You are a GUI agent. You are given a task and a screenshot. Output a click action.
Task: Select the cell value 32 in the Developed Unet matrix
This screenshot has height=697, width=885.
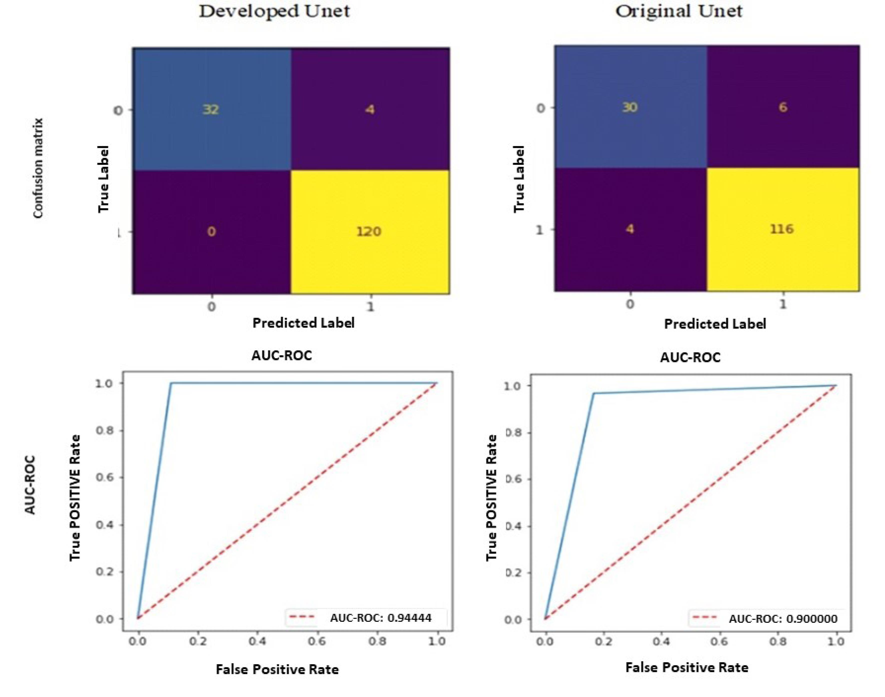coord(211,109)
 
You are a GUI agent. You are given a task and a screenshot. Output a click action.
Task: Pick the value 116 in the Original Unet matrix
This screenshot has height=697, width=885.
coord(782,229)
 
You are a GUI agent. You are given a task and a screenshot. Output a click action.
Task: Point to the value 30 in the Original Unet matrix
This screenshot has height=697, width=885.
coord(629,107)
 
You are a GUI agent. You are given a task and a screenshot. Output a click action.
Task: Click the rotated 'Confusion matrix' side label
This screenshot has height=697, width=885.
coord(38,168)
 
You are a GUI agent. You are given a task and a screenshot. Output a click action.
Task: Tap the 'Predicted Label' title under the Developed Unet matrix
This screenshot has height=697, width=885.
coord(303,323)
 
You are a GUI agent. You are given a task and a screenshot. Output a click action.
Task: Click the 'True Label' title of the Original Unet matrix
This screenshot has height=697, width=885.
coord(519,179)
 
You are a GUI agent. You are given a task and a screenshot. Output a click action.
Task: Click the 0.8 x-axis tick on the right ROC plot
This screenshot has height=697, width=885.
coord(777,642)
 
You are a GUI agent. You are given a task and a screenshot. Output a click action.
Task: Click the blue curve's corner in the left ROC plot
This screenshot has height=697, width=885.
coord(171,383)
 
